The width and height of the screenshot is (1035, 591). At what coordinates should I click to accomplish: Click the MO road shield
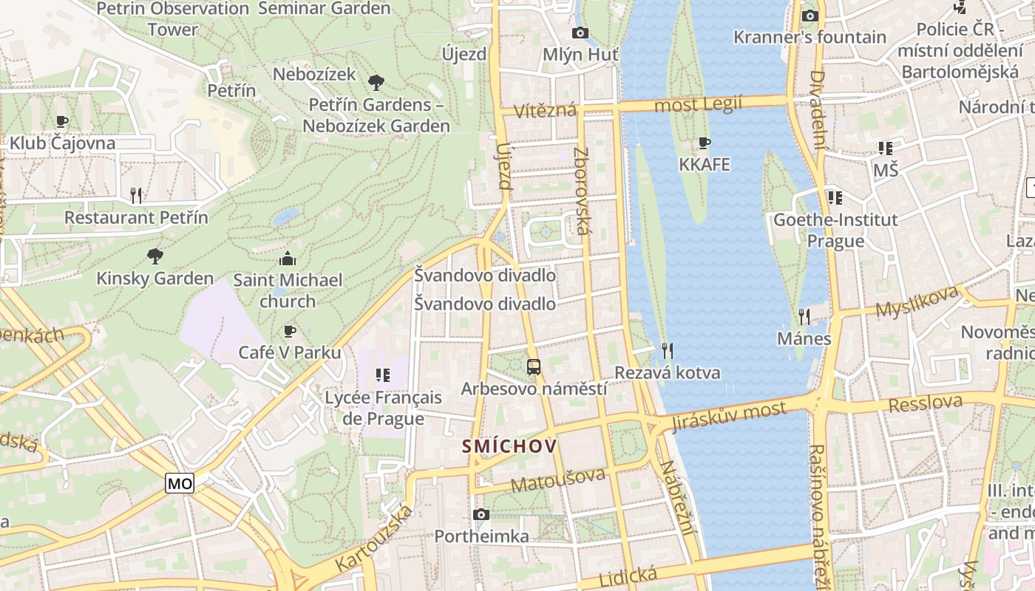pyautogui.click(x=180, y=484)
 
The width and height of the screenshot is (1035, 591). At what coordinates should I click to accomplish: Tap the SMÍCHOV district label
pyautogui.click(x=509, y=446)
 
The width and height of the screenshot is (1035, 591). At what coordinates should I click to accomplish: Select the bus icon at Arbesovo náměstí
pyautogui.click(x=534, y=366)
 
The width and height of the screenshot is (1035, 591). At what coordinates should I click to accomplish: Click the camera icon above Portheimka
pyautogui.click(x=481, y=514)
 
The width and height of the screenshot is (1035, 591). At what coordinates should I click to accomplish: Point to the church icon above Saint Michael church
pyautogui.click(x=288, y=259)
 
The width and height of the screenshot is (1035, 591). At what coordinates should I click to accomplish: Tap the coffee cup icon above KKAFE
pyautogui.click(x=705, y=143)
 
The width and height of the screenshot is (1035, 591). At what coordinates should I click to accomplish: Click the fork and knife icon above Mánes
pyautogui.click(x=804, y=317)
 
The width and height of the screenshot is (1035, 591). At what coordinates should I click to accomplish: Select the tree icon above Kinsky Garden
pyautogui.click(x=155, y=256)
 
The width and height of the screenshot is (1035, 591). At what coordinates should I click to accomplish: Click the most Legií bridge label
pyautogui.click(x=698, y=105)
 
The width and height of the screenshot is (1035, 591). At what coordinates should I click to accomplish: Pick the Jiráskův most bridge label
pyautogui.click(x=728, y=417)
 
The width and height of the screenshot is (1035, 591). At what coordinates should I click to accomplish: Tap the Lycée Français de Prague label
pyautogui.click(x=384, y=408)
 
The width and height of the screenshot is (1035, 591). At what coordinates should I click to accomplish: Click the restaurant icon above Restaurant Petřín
pyautogui.click(x=136, y=195)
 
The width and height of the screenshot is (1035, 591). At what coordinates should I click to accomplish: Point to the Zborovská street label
pyautogui.click(x=582, y=191)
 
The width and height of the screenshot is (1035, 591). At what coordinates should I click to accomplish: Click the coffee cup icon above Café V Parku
pyautogui.click(x=290, y=331)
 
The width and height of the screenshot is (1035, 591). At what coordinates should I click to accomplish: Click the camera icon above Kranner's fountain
pyautogui.click(x=810, y=16)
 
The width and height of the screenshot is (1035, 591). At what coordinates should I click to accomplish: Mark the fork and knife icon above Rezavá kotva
pyautogui.click(x=668, y=350)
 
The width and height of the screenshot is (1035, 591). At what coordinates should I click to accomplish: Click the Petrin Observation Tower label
pyautogui.click(x=173, y=19)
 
